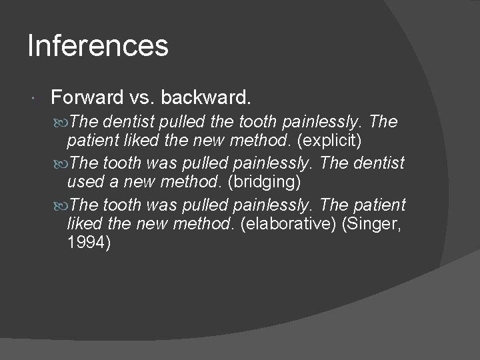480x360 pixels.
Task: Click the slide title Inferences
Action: (98, 46)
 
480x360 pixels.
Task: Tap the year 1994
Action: (89, 243)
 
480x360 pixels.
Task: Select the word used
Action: (83, 182)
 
